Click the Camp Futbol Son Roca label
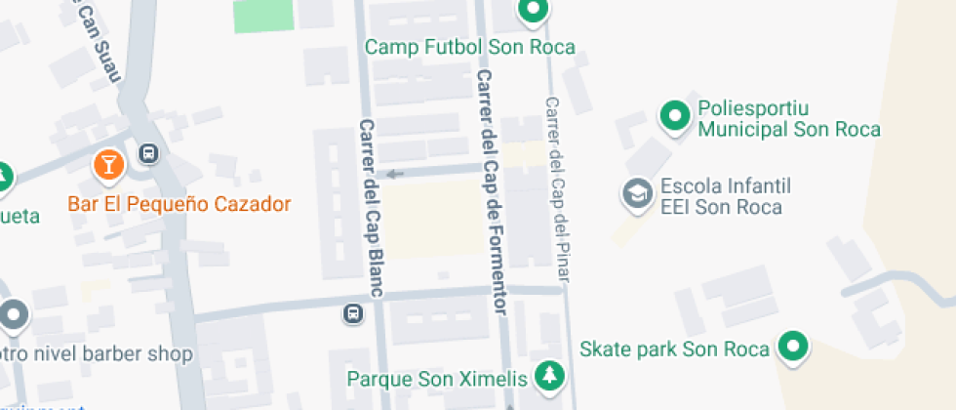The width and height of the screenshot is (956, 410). (x=469, y=47)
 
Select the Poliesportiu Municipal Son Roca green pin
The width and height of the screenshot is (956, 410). (x=673, y=116)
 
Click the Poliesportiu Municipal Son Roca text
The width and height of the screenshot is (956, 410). (x=788, y=118)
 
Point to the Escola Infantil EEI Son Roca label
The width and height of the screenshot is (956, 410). (x=725, y=196)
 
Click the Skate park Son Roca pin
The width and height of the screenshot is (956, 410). (x=794, y=347)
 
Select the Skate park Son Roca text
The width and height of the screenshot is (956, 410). (x=675, y=348)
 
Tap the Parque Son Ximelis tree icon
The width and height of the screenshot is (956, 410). (x=552, y=376)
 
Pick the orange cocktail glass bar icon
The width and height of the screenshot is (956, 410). (x=108, y=164)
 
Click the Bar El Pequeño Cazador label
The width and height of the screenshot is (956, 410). (x=179, y=204)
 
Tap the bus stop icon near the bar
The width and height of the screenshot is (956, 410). (x=148, y=152)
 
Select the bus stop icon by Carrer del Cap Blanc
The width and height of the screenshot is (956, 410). (x=351, y=313)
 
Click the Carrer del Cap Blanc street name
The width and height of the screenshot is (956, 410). (x=369, y=207)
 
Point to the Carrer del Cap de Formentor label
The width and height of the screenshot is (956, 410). (x=492, y=191)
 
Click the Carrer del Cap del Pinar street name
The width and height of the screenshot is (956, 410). (x=558, y=190)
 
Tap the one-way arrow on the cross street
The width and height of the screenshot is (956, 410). (x=394, y=175)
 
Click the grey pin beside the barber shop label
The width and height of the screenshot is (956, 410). (x=14, y=315)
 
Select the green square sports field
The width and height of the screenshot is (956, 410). (x=263, y=15)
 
